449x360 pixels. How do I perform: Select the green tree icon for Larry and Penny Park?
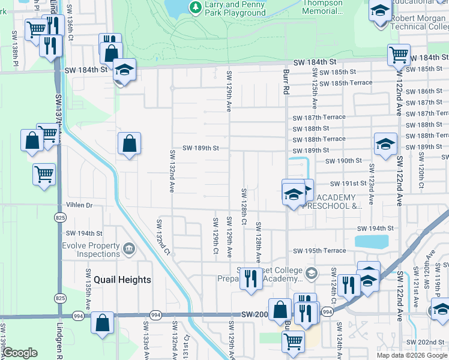195,7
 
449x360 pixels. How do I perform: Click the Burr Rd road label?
285,81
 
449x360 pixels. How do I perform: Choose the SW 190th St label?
344,161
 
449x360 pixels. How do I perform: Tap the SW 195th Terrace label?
319,250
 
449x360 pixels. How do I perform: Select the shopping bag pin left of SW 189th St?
129,145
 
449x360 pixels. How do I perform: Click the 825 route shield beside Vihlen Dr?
59,217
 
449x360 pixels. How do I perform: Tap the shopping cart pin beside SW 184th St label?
399,56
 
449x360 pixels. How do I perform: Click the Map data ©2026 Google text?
412,355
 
